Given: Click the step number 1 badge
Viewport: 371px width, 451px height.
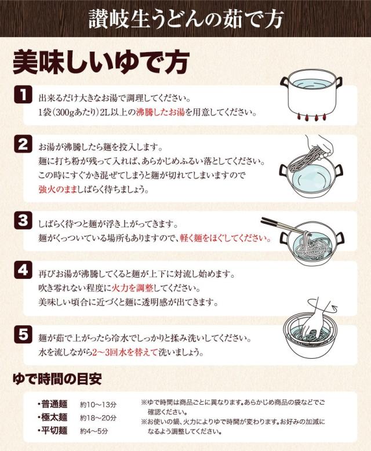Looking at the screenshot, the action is [23, 94].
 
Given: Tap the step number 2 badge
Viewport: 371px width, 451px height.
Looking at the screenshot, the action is [23, 144].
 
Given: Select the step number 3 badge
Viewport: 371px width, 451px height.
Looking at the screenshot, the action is [23, 221].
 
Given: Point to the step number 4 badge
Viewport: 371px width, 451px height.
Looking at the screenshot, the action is [23, 270].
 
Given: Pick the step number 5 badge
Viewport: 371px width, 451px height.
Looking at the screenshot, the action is [23, 334].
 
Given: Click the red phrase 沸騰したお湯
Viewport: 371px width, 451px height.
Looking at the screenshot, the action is [160, 112].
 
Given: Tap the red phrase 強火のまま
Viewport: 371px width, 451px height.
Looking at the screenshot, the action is [57, 189].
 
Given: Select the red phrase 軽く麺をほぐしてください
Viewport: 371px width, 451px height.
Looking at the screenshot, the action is [225, 238].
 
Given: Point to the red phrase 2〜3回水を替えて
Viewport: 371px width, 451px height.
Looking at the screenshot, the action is [125, 352].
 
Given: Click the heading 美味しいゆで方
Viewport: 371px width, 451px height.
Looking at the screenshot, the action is [101, 63].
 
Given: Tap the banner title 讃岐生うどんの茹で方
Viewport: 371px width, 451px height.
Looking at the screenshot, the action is [186, 19].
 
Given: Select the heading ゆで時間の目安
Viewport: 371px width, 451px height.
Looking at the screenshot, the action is [57, 379].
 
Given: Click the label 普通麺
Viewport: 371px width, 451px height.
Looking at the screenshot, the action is [54, 404].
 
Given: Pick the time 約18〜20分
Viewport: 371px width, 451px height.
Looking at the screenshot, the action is [98, 418].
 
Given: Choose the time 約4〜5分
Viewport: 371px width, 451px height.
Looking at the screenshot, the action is [94, 431].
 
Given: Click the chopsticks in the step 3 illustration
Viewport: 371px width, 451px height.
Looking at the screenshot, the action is [284, 225].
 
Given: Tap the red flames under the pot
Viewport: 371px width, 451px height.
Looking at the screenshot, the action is [312, 117].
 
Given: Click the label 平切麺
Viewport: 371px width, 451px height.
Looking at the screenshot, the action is [54, 431].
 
